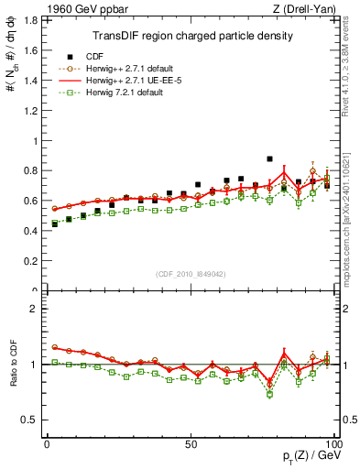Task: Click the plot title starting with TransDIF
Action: pos(192,37)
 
